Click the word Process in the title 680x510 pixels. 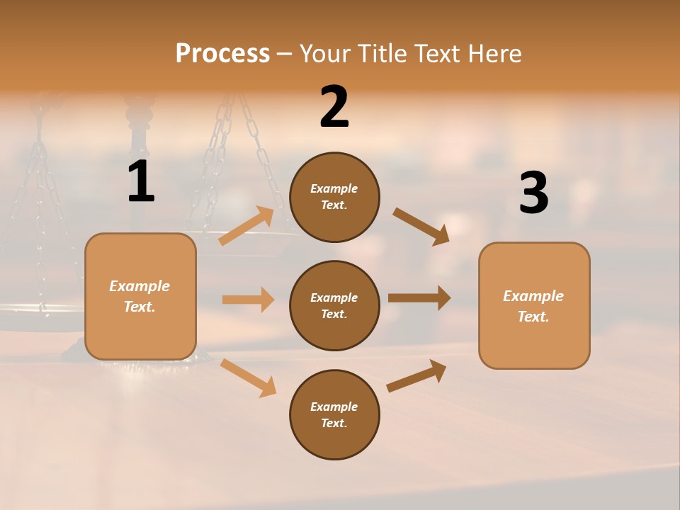tap(222, 54)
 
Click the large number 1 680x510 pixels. tap(141, 182)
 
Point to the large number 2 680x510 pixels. tap(334, 107)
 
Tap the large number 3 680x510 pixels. tap(533, 193)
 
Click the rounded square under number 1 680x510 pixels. tap(140, 296)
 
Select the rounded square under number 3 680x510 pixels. tap(534, 305)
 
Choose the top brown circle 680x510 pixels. tap(334, 197)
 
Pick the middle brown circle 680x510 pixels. tap(334, 305)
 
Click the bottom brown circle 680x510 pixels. tap(334, 414)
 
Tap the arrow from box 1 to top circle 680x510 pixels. tap(246, 225)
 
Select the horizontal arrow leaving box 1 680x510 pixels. tap(248, 300)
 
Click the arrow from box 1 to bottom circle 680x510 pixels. tap(248, 378)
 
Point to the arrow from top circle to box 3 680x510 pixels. tap(421, 227)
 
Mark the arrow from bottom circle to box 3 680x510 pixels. tap(416, 375)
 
